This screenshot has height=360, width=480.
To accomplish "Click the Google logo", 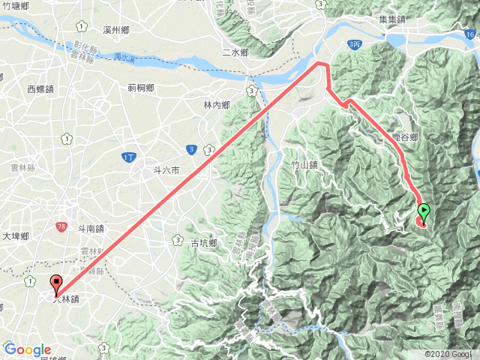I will point(27,349).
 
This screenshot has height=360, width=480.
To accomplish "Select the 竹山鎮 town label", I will point(304,165).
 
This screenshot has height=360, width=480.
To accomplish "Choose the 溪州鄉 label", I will point(118,29).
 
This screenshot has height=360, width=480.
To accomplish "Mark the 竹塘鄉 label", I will point(16,5).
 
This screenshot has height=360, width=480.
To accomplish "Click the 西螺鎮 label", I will point(41,89).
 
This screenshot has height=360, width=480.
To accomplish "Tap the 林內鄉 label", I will point(217,105).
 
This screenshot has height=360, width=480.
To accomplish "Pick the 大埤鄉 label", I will point(13,236).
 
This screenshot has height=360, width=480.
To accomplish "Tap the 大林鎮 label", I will point(67,298).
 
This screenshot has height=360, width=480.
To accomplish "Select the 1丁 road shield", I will point(128,155).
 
